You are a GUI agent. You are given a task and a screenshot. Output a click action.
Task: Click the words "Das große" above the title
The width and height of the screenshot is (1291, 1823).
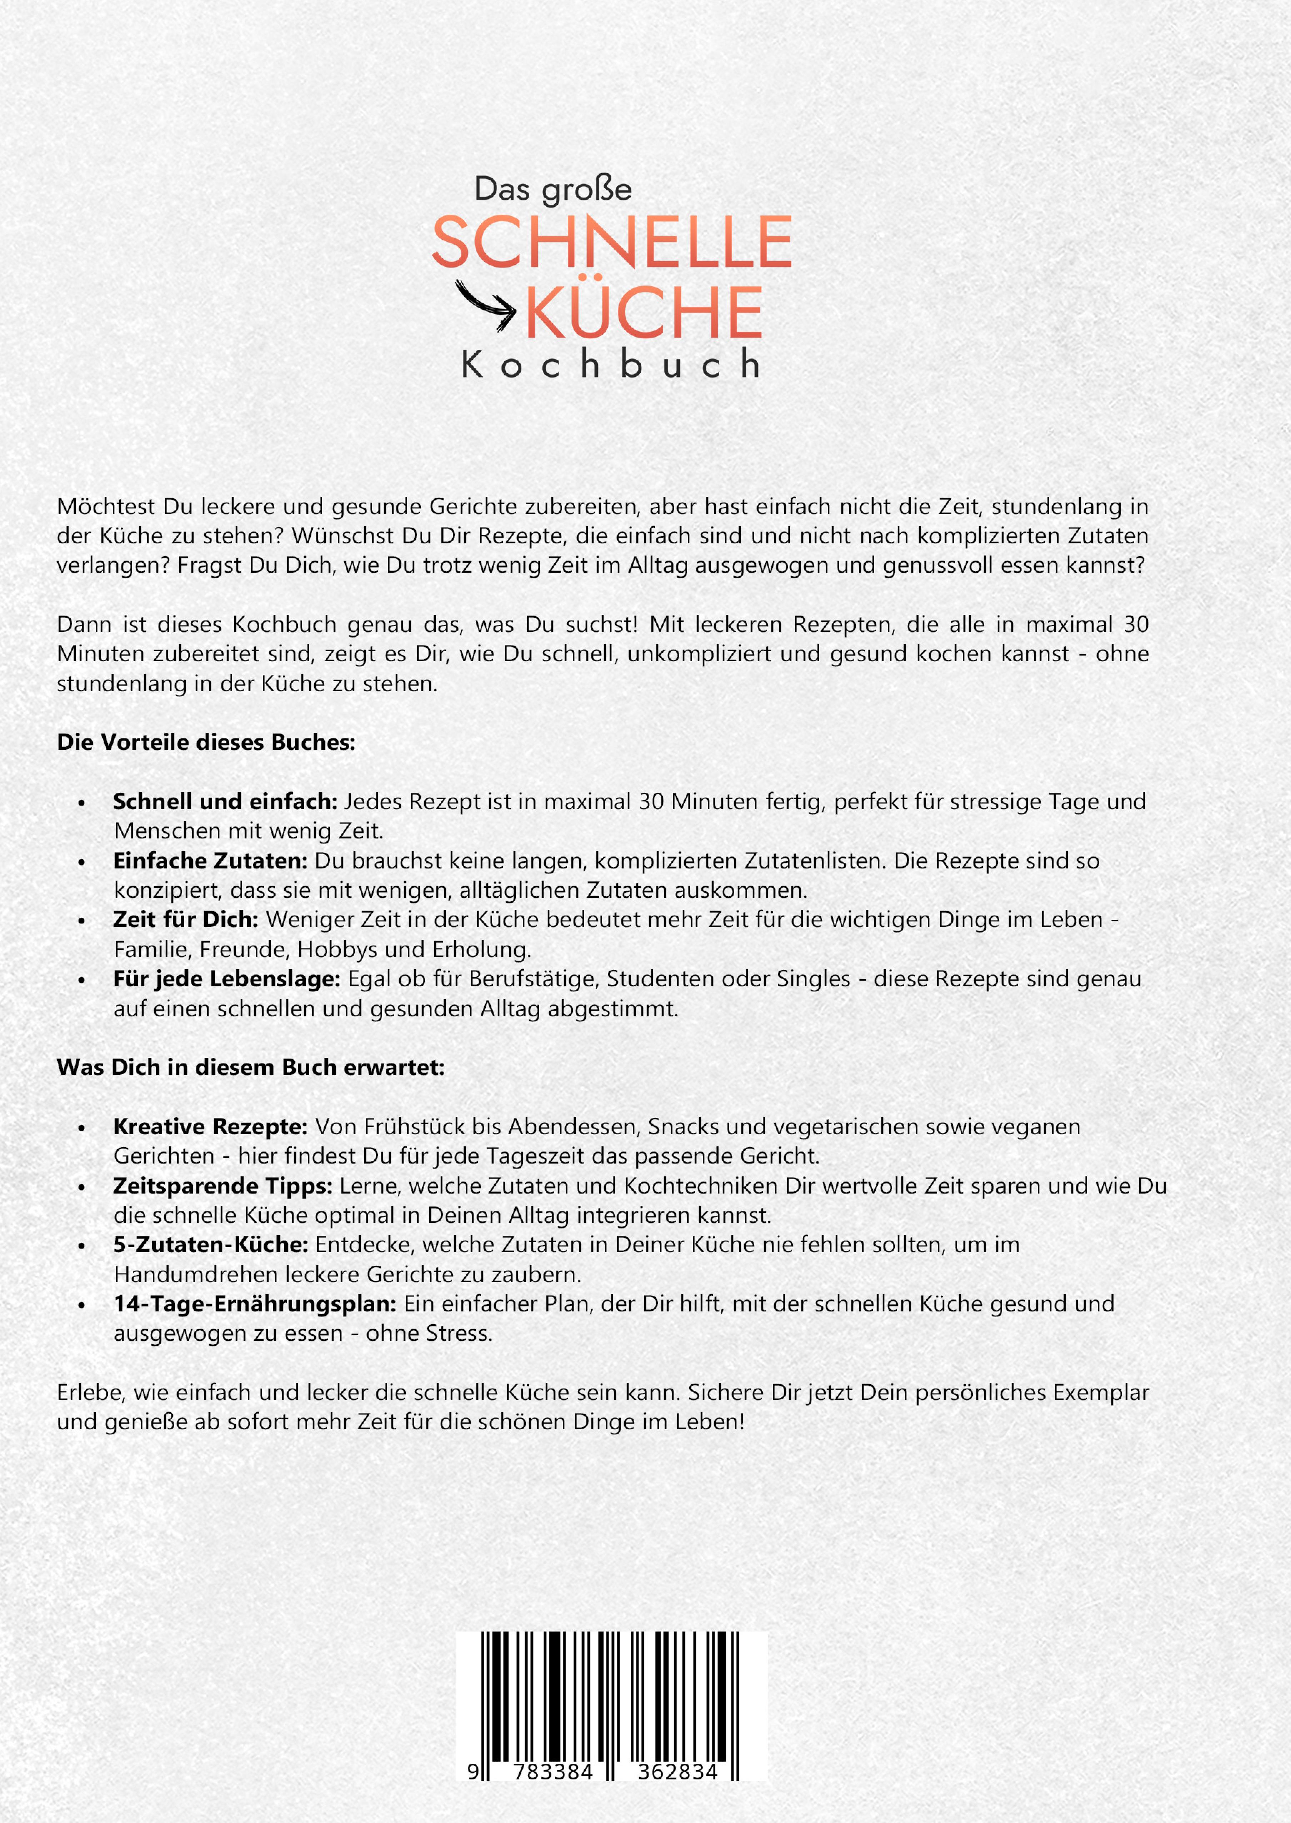tap(552, 189)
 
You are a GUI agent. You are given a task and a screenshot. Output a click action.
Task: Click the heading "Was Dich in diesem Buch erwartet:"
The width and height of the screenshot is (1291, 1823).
tap(250, 1067)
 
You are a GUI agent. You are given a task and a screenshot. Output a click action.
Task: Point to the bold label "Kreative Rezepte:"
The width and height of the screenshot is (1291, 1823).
tap(210, 1126)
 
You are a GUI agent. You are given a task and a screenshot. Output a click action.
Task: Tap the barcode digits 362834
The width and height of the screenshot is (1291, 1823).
tap(677, 1772)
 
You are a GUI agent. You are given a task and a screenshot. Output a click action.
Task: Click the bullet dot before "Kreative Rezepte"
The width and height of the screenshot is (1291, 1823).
tap(82, 1128)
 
